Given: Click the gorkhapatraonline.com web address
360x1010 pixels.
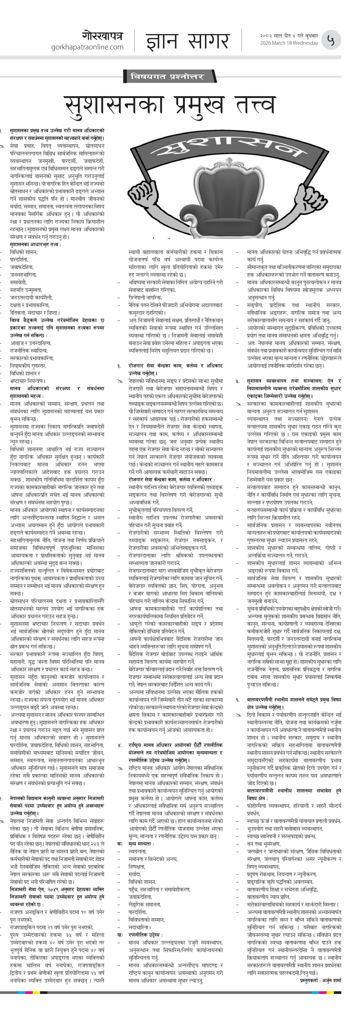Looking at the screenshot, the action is [x=87, y=47].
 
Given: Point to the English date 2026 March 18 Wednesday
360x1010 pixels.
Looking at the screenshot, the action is [x=289, y=43].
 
